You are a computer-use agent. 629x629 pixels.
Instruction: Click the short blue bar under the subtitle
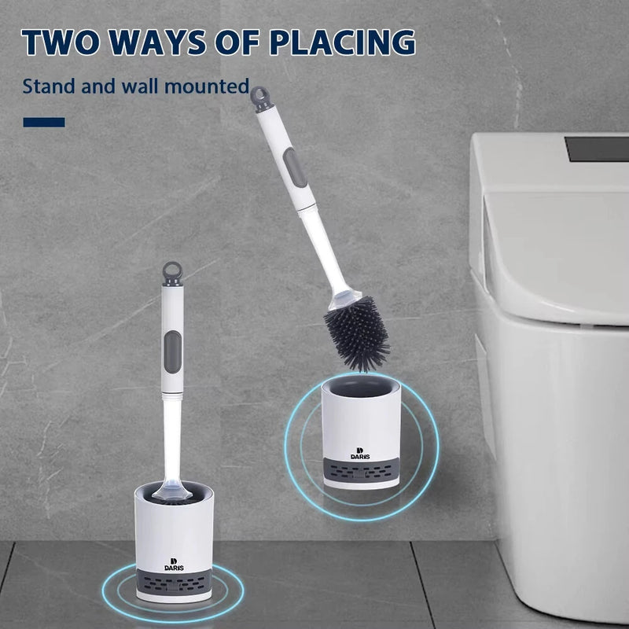click(x=44, y=122)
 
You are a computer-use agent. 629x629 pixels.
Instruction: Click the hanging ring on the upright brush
click(x=171, y=272)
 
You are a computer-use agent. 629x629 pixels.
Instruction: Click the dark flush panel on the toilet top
click(x=597, y=148)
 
